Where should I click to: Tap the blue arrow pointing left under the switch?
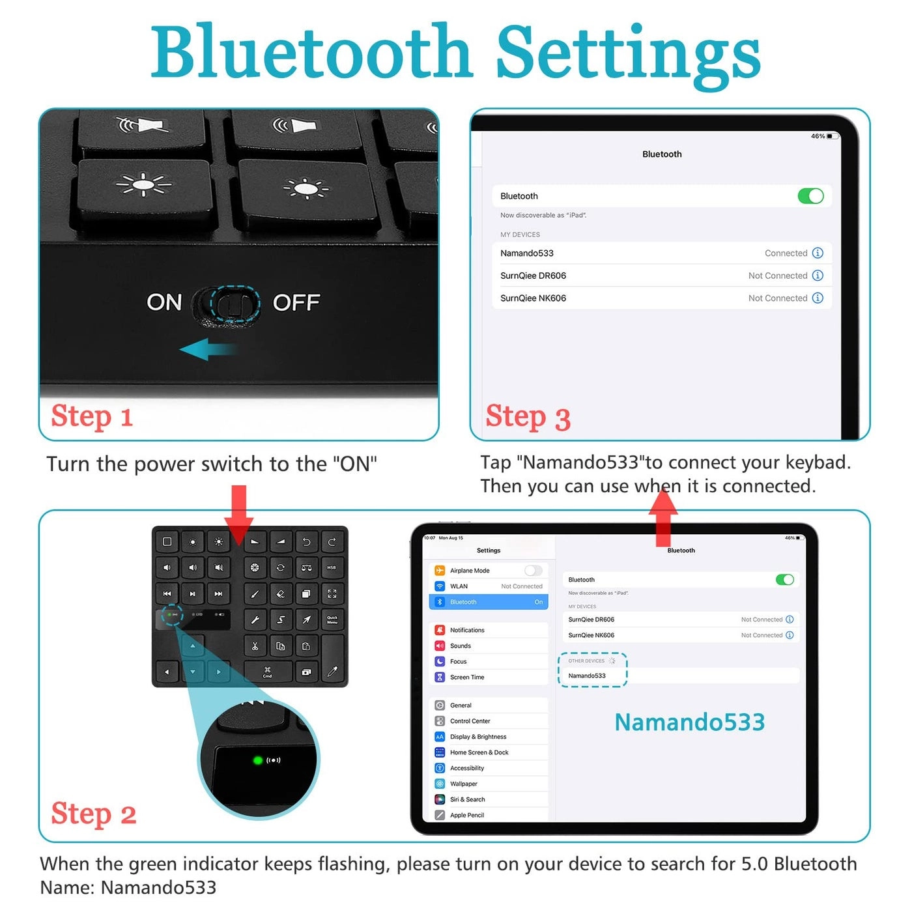pos(207,350)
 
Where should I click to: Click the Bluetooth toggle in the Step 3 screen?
pos(810,196)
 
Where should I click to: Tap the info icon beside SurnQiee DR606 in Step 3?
pos(818,276)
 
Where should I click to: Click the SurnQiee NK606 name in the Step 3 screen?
pos(533,298)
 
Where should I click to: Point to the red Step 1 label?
pos(92,417)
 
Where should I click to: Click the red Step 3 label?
pos(528,418)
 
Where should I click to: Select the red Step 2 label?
pos(93,814)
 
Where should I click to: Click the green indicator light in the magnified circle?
pos(257,760)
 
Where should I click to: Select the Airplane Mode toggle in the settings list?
pos(534,571)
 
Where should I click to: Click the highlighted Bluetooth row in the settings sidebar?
pos(489,602)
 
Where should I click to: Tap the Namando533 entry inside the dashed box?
pos(587,676)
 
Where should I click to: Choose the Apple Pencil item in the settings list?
pos(466,815)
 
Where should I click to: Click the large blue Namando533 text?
pos(689,722)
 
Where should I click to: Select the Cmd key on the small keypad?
pos(267,672)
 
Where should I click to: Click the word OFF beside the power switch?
pos(296,302)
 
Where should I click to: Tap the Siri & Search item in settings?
pos(467,799)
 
